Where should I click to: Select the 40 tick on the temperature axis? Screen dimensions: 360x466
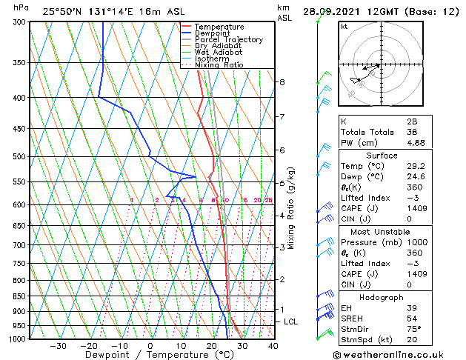pyautogui.click(x=273, y=345)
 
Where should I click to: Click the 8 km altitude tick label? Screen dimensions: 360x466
pyautogui.click(x=282, y=81)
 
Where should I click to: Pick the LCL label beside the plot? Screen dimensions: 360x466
pyautogui.click(x=291, y=321)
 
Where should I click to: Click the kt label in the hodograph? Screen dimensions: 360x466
pyautogui.click(x=344, y=27)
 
